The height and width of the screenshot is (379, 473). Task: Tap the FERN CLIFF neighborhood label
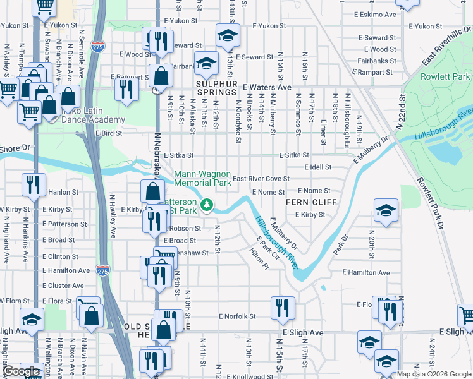[309, 202]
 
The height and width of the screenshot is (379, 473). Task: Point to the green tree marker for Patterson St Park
[207, 205]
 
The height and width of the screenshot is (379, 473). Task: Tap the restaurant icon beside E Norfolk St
[283, 308]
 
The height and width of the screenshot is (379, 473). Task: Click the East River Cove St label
[261, 179]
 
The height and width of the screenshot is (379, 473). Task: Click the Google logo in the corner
[22, 371]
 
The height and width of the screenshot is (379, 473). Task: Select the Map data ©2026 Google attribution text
[433, 374]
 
